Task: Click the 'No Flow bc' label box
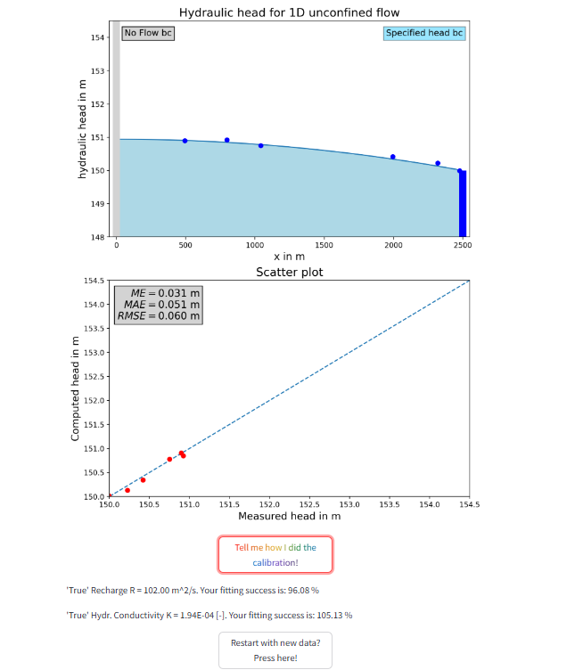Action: coord(148,33)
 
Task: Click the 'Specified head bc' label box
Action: coord(424,33)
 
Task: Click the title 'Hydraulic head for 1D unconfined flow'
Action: coord(289,12)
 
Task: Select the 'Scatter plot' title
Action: coord(289,272)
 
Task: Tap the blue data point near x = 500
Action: coord(185,141)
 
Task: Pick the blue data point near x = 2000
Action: coord(393,157)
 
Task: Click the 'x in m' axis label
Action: coord(290,257)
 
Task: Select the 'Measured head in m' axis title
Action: coord(289,516)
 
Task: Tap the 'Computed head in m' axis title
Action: coord(75,388)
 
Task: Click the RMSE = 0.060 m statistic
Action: coord(159,315)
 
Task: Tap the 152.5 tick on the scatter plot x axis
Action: coord(309,504)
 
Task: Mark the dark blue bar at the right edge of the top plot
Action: coord(463,203)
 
